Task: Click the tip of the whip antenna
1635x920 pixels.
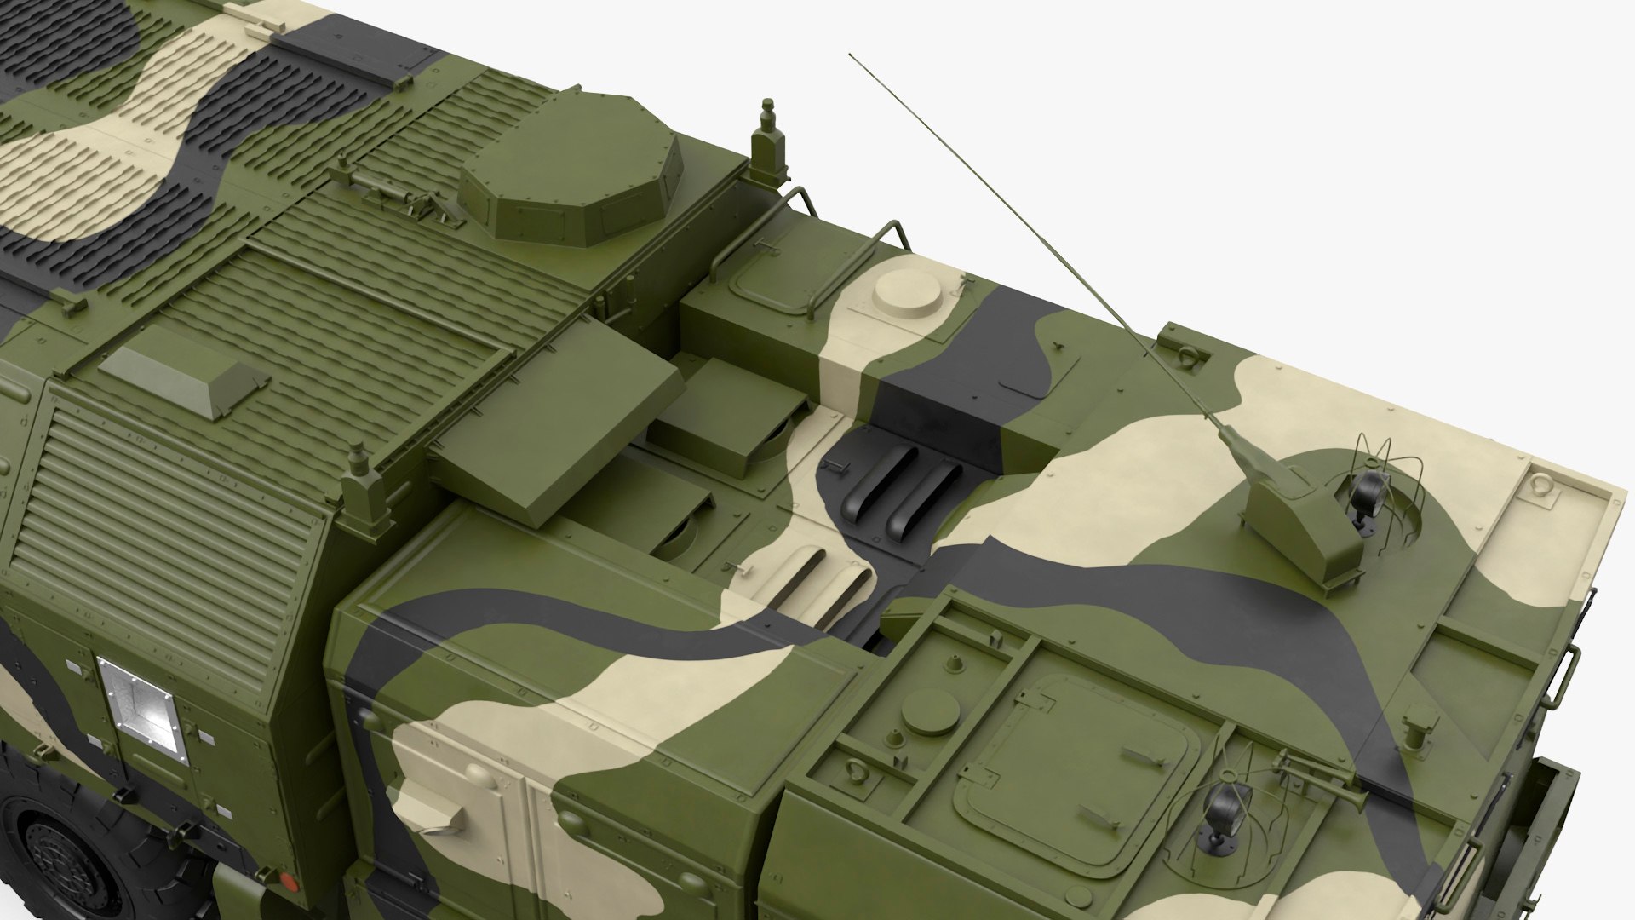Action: click(x=850, y=56)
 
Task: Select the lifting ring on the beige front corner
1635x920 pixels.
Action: click(x=1540, y=482)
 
